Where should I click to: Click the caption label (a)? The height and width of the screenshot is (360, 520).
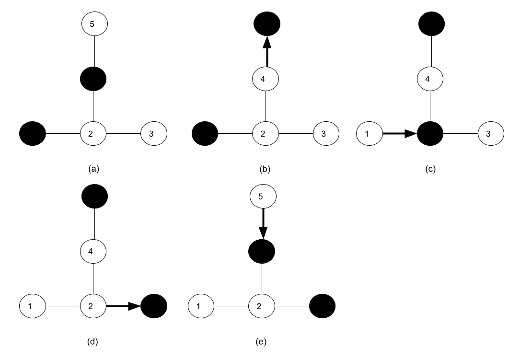(x=93, y=169)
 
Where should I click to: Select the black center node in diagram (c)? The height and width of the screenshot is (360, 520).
(x=430, y=134)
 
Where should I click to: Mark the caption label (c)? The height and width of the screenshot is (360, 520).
(x=430, y=169)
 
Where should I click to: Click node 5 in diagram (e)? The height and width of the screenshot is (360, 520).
(x=262, y=196)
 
